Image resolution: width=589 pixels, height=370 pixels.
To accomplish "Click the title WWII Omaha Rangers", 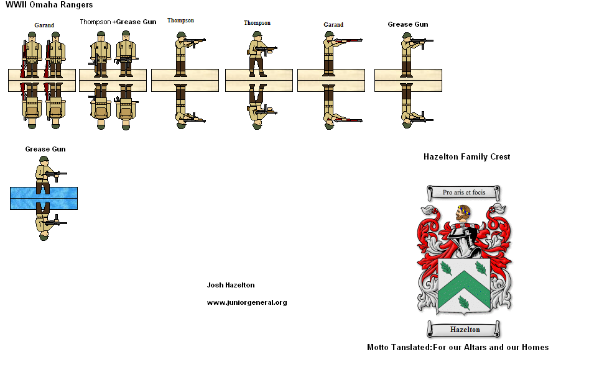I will (x=49, y=5).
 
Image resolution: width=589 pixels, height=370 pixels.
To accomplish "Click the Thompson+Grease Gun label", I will (x=118, y=22).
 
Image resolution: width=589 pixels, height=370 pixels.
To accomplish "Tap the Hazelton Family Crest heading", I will (x=466, y=157).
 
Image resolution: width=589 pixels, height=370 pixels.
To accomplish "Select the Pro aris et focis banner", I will (x=464, y=192).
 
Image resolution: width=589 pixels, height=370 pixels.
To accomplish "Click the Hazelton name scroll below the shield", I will (x=465, y=329).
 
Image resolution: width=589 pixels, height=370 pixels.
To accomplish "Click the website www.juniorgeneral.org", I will (x=246, y=302).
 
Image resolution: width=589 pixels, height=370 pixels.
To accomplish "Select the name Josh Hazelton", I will (x=230, y=285).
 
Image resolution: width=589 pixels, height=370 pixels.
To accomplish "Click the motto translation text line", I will (x=458, y=348).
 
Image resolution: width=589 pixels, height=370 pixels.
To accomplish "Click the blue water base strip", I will (x=44, y=198).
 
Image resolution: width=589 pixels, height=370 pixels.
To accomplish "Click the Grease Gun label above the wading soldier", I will (x=45, y=149).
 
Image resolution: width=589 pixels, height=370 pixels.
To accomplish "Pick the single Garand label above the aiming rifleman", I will (x=333, y=25).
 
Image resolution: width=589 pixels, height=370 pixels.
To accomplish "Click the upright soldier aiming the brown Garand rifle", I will (x=330, y=53).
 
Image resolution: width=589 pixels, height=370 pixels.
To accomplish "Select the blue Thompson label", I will (x=180, y=20).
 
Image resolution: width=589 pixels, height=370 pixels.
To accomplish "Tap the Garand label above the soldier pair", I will (x=44, y=25).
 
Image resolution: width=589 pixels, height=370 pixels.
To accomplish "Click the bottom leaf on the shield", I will (x=463, y=302).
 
